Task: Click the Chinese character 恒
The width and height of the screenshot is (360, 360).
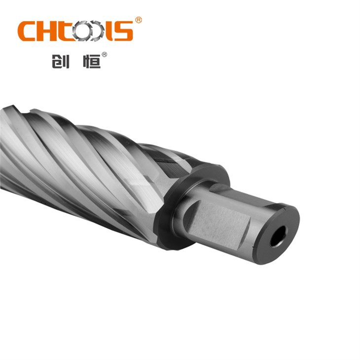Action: coord(91,61)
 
